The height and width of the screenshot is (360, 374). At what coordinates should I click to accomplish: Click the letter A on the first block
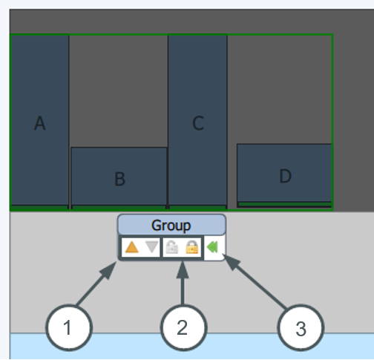39,123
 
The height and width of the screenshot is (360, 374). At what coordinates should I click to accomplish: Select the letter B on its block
120,179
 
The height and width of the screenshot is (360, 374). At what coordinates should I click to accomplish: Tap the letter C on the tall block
198,123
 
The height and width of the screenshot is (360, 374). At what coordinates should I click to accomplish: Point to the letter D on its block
285,176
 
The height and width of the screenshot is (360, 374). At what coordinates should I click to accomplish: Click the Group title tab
171,225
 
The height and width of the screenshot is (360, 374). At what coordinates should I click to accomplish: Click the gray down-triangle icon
151,247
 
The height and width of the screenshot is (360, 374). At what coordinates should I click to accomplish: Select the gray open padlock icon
172,247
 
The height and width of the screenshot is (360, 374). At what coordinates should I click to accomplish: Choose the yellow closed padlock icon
192,247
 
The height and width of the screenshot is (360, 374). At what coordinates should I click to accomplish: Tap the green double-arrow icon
212,247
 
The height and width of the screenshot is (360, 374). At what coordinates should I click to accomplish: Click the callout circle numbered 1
69,327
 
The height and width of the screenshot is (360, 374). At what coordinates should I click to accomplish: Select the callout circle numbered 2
183,327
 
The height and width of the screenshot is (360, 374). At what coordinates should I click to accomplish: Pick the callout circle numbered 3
301,327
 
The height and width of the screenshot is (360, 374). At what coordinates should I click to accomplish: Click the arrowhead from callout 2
183,269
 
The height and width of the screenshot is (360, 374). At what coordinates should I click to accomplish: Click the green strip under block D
284,204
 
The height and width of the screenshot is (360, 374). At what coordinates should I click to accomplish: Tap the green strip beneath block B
119,208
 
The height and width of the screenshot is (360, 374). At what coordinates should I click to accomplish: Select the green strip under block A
39,207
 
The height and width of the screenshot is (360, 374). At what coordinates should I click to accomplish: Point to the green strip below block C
197,207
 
